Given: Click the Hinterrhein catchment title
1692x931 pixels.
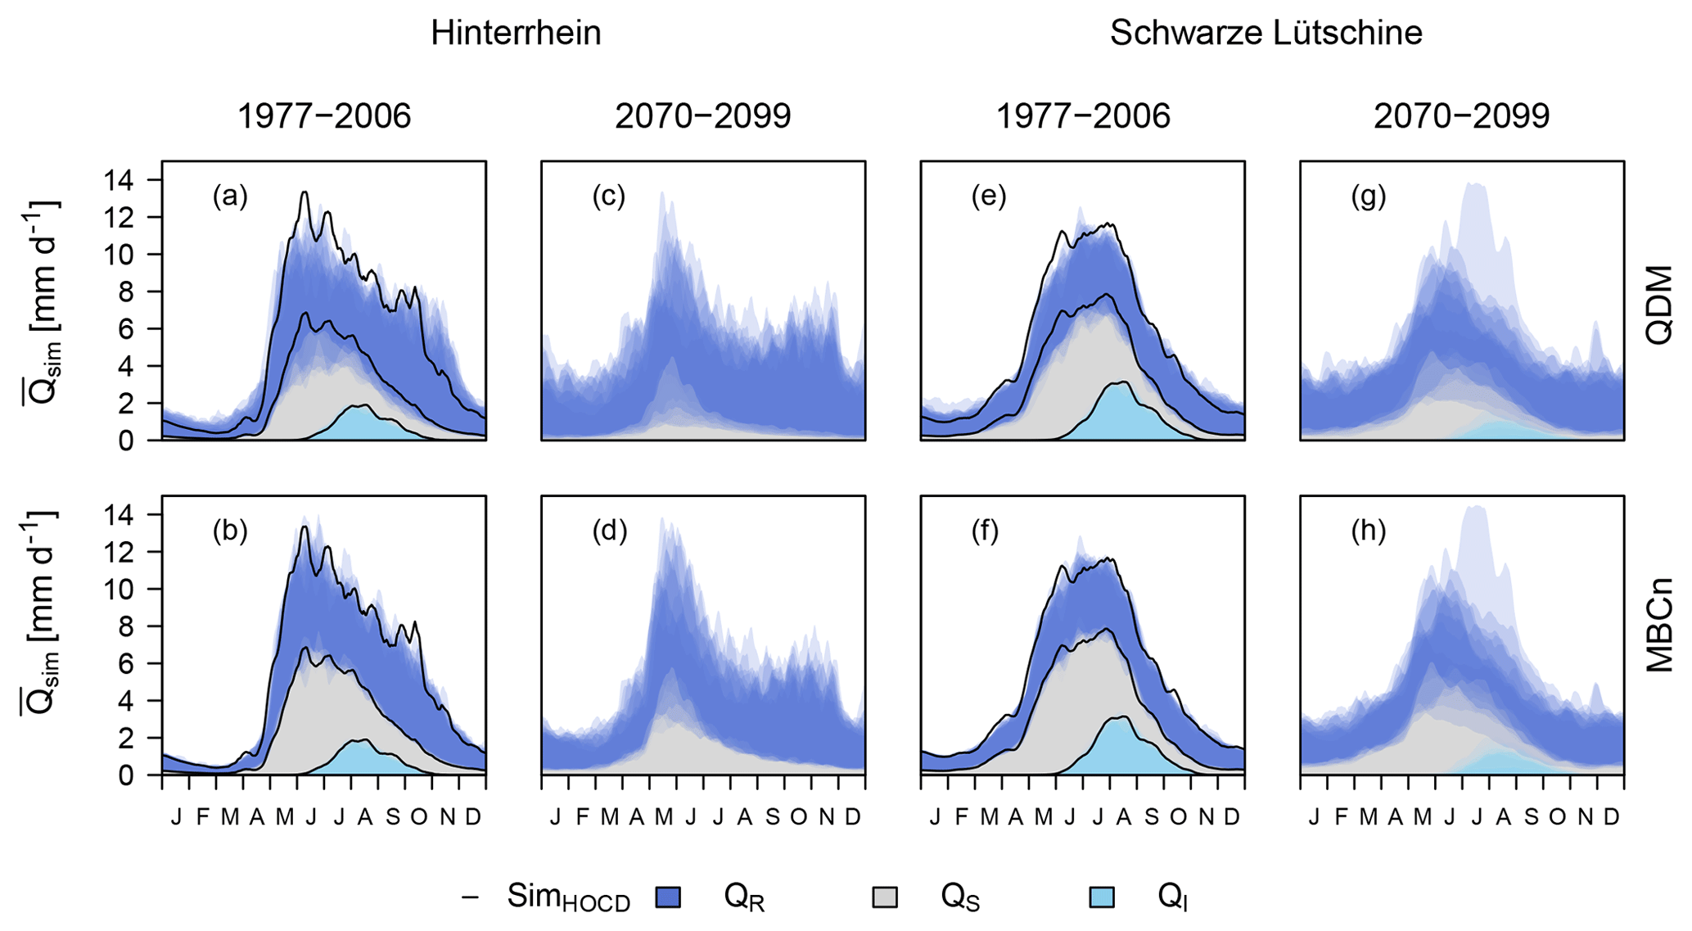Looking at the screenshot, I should (x=516, y=34).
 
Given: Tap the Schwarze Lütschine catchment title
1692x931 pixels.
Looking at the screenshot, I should (x=1266, y=34).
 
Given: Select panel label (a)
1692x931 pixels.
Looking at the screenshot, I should (x=230, y=197).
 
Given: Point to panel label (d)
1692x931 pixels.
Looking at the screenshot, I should (x=609, y=531).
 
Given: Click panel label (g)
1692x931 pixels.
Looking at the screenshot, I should (x=1368, y=197).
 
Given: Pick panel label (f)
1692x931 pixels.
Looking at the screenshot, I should (x=989, y=531).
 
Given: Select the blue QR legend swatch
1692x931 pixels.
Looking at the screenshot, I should (x=669, y=897).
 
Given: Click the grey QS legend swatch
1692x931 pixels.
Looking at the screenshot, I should (x=885, y=897).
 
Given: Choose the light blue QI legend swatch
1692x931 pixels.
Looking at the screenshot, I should (x=1102, y=897).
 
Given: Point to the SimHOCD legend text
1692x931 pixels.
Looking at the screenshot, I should (x=568, y=898).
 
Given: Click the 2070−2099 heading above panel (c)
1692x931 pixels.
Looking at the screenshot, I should (x=703, y=117).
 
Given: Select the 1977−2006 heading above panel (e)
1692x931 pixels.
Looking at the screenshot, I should (x=1082, y=117).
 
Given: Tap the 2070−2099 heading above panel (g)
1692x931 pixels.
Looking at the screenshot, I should (x=1461, y=117).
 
